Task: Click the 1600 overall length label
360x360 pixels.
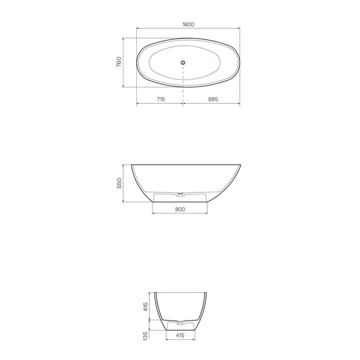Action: pos(187,24)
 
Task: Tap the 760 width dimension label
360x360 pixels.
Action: pos(119,62)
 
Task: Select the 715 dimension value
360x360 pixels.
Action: pos(160,99)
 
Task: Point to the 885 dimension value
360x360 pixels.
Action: pos(211,99)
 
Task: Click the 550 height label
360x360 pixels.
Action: pos(119,184)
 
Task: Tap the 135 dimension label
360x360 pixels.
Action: pos(146,335)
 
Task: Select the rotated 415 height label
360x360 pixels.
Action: pos(146,307)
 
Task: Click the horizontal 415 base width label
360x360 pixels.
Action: pos(179,335)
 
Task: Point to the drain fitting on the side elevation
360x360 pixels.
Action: pos(179,194)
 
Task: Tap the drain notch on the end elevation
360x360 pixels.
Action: pos(179,323)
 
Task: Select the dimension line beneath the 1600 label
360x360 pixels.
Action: pos(188,29)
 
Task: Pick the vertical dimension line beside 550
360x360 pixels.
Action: pos(123,184)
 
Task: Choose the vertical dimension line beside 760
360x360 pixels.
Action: pos(123,62)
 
